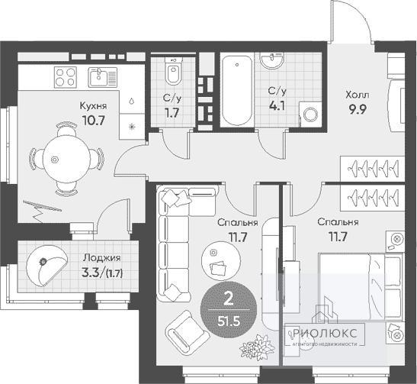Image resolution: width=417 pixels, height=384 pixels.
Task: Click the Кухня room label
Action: coord(93,106)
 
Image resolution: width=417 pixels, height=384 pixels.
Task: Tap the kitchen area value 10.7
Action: coord(94,121)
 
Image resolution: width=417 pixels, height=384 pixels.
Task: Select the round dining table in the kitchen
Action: coord(66,160)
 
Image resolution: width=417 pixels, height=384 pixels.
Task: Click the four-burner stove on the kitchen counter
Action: coord(66,77)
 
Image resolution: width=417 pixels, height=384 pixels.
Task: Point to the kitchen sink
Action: coord(102,77)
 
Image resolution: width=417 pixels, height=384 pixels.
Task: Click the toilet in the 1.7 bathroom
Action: coord(173,71)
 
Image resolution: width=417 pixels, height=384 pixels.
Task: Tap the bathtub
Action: coord(236,91)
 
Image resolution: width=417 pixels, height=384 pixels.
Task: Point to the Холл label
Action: coord(358,95)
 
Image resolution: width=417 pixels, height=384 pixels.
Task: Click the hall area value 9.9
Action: coord(358,109)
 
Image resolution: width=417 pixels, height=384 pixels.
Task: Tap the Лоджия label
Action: coord(102,258)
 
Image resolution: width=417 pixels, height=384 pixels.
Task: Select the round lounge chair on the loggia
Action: coord(47,266)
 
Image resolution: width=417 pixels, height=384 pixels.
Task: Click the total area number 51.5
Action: coord(229,321)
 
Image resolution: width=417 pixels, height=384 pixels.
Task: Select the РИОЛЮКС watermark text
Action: coord(325,333)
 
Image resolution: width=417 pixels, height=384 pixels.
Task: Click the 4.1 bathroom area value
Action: coord(277,106)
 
